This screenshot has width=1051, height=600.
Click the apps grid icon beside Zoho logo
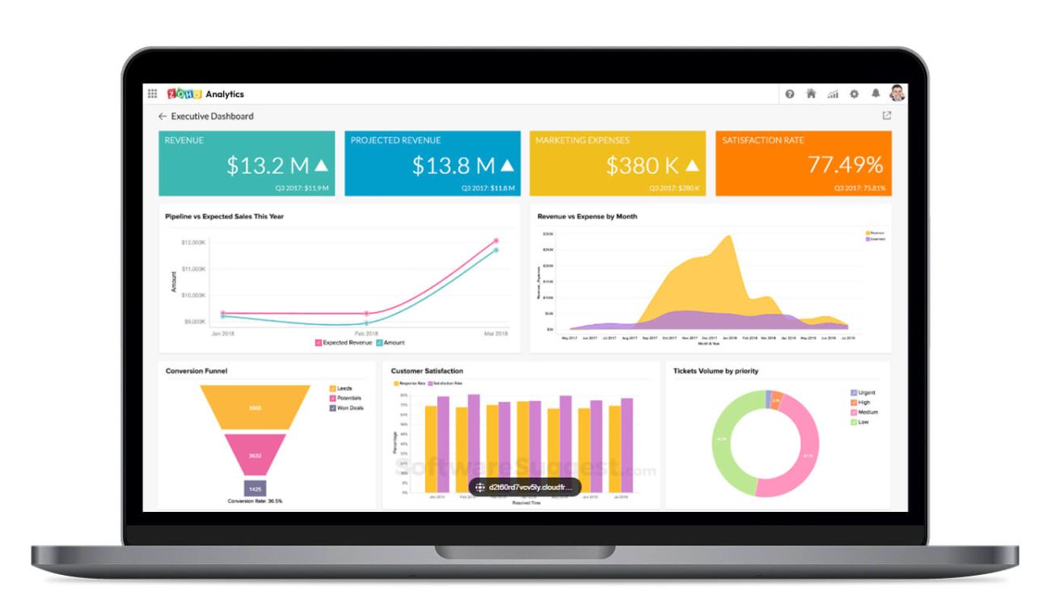pos(152,94)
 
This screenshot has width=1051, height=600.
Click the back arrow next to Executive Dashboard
pos(163,116)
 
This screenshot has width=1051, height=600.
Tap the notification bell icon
pos(875,94)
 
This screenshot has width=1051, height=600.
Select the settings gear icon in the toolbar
pos(854,94)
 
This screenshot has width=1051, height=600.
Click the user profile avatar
pos(897,93)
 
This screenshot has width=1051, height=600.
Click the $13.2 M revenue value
pos(268,166)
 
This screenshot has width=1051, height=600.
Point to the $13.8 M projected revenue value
pos(454,166)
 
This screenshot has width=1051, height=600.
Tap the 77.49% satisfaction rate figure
pos(845,165)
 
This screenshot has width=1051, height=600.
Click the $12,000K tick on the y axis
pos(194,243)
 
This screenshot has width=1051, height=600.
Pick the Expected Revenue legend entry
pos(344,343)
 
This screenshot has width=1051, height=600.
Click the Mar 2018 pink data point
pos(496,240)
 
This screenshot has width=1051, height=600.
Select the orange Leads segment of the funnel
pos(255,407)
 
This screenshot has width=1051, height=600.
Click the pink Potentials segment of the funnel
pos(255,455)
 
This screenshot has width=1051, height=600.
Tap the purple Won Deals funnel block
pos(255,489)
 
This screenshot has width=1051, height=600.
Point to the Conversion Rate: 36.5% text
pos(255,501)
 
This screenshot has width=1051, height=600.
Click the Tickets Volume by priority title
pos(715,371)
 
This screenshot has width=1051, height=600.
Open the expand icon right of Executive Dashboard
pos(887,116)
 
